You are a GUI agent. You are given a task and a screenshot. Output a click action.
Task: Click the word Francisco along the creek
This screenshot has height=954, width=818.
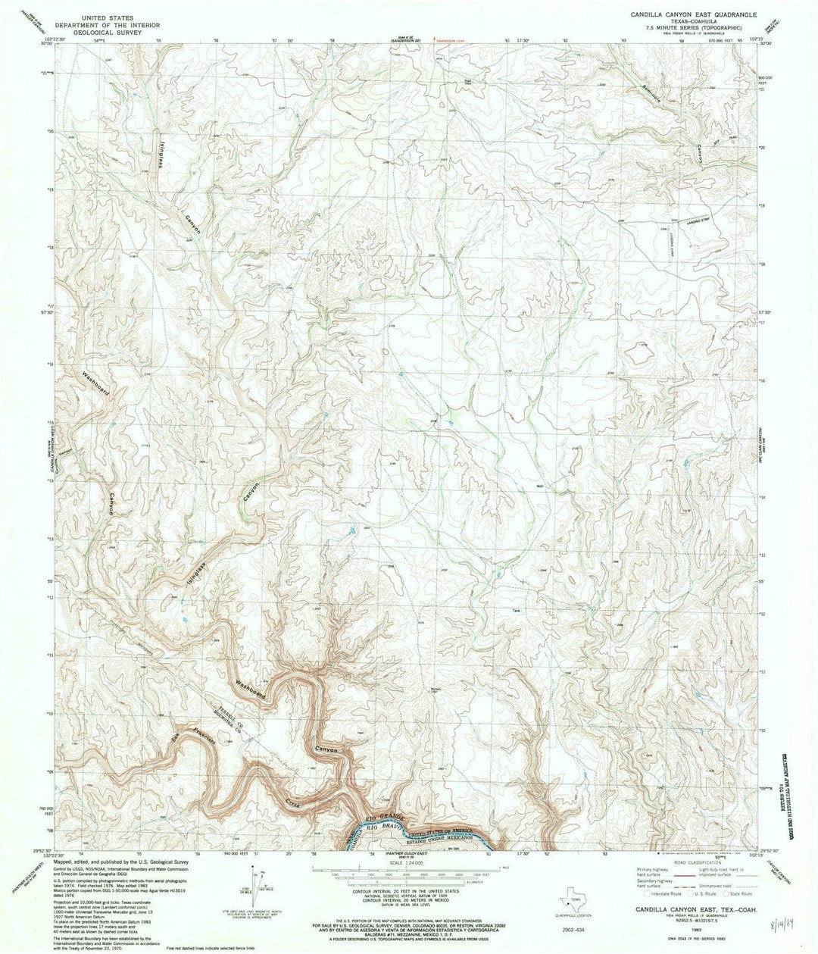point(201,739)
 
